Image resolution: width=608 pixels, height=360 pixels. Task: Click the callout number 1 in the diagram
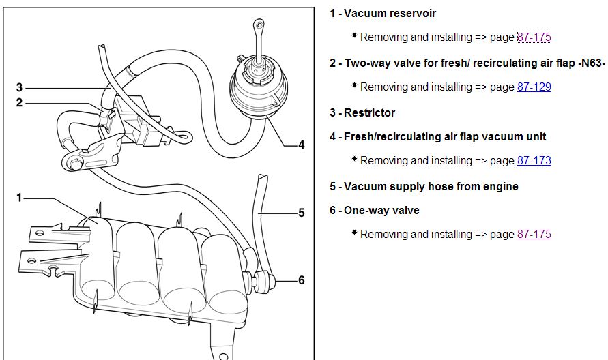pos(20,198)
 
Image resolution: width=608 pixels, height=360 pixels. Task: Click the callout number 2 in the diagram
pos(20,102)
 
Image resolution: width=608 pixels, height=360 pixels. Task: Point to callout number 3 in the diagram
pos(20,87)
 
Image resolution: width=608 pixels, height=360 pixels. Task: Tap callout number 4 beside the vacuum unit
pos(301,145)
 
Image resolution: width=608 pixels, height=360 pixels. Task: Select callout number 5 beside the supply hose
pos(301,213)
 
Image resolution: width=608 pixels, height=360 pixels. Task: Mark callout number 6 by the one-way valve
pos(301,280)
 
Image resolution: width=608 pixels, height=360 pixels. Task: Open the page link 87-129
pos(534,87)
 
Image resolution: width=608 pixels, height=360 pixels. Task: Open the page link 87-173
pos(534,160)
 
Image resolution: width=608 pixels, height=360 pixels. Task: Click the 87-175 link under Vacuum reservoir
pos(534,37)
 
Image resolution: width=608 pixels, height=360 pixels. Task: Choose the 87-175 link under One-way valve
pos(534,234)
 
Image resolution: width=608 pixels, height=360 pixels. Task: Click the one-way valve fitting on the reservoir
pos(263,278)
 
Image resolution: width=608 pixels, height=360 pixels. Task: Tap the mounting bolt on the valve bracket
pos(73,163)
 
